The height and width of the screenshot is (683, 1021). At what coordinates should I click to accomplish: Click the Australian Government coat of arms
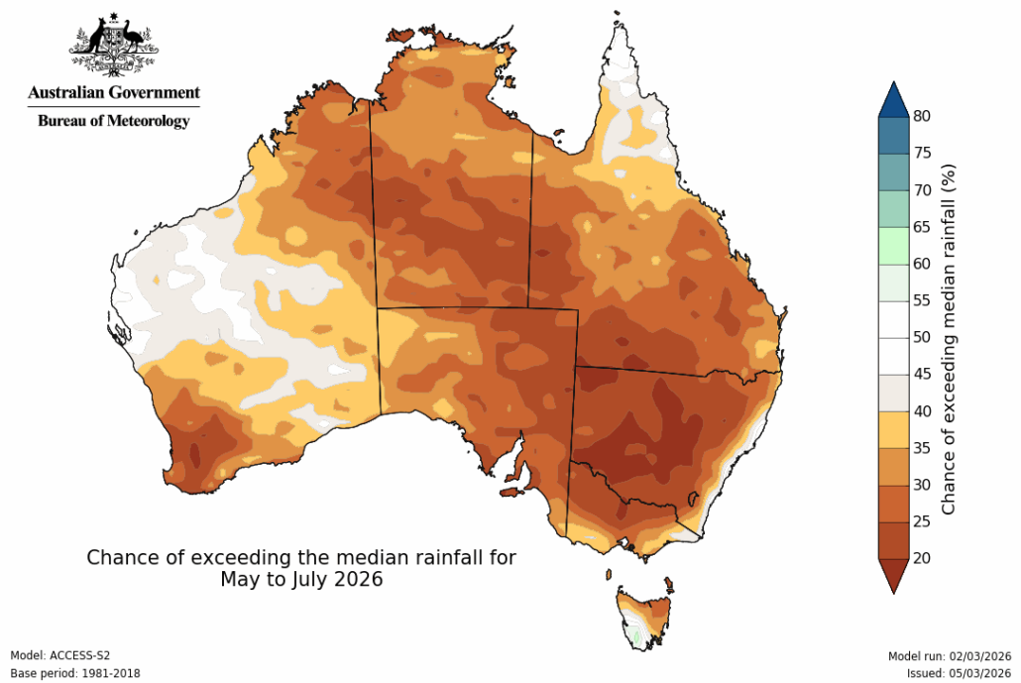pos(113,45)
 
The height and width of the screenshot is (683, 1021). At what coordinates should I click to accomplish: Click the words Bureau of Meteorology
pos(113,121)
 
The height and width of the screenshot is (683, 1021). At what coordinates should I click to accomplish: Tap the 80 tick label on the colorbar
pos(922,116)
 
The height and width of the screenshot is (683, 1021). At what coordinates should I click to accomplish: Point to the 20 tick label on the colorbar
pos(922,558)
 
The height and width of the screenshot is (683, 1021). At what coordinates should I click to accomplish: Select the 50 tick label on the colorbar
pos(922,337)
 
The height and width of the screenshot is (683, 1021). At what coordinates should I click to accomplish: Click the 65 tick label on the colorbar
pos(922,227)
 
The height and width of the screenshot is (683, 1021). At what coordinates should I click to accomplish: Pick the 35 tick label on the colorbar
pos(922,448)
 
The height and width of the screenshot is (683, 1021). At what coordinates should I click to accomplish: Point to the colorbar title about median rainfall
pos(949,337)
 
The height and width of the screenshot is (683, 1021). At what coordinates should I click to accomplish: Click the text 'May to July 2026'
pos(301,579)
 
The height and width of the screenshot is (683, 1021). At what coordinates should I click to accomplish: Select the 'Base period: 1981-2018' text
pos(75,673)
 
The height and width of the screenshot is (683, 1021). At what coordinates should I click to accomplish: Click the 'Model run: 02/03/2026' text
pos(949,656)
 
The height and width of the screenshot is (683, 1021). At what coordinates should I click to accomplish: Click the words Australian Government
pos(113,93)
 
